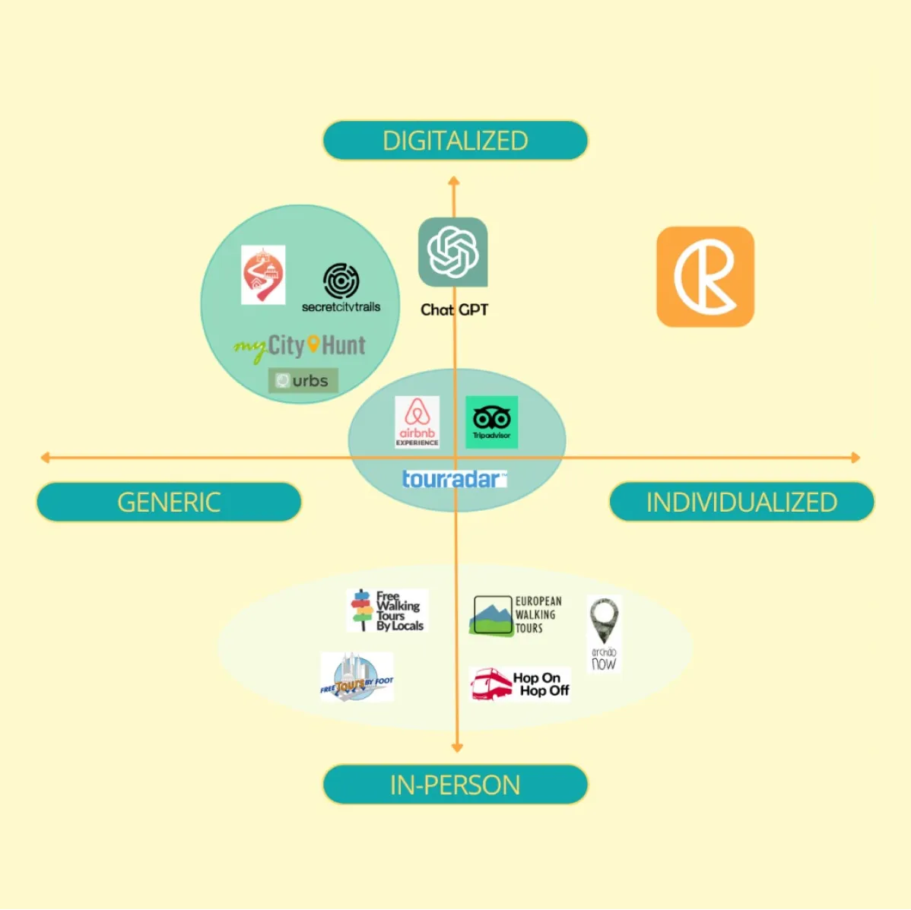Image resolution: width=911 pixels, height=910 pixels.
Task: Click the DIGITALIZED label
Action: (x=455, y=141)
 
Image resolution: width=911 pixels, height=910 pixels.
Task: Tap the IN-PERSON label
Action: (x=455, y=785)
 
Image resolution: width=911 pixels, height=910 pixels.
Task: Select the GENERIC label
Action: (x=169, y=502)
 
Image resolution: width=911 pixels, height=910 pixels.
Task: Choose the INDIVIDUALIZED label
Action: (x=741, y=502)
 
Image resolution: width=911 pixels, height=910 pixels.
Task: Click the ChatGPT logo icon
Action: (x=452, y=252)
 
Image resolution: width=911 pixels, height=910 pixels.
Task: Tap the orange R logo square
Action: (x=705, y=277)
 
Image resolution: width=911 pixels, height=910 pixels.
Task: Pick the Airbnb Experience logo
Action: (x=417, y=422)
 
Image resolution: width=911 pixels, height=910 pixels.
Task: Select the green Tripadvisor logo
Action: (x=491, y=422)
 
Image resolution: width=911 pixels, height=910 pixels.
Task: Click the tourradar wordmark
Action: (x=453, y=479)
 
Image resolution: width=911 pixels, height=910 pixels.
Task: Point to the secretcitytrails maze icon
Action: (x=341, y=281)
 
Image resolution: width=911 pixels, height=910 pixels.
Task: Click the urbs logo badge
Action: (x=303, y=380)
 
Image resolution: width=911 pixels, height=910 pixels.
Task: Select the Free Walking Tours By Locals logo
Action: (x=387, y=610)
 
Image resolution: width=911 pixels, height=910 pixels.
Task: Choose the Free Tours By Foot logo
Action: (x=357, y=677)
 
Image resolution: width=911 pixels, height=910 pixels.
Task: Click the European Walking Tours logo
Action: (x=516, y=615)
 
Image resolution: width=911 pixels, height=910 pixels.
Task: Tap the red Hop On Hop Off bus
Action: (x=491, y=684)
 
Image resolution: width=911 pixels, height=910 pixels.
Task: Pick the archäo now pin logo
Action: (x=604, y=634)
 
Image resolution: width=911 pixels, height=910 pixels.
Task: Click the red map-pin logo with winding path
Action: (x=262, y=275)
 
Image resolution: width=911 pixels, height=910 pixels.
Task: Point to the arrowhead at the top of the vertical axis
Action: (x=453, y=181)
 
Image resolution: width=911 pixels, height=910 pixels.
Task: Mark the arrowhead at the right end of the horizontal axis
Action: (x=855, y=458)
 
